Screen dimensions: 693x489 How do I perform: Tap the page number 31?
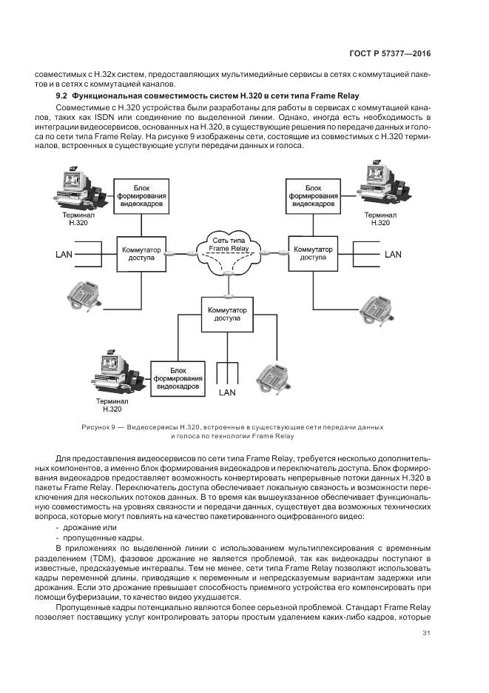[427, 632]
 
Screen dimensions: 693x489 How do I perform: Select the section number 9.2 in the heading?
[62, 96]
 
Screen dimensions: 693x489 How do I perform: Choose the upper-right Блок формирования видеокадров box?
[313, 195]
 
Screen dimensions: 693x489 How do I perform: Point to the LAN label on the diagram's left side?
[64, 255]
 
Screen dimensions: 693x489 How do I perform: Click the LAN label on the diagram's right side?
[392, 254]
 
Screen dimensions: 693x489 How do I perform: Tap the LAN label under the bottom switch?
[226, 393]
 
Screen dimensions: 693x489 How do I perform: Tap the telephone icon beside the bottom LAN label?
[274, 378]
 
